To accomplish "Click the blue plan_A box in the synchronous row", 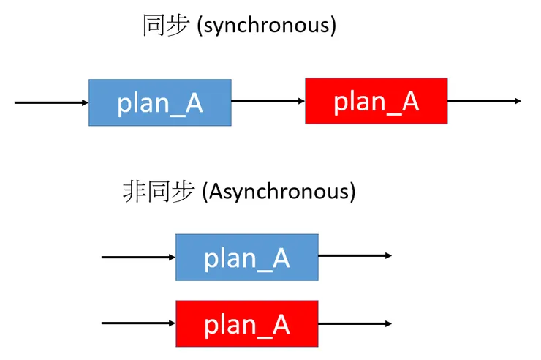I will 160,102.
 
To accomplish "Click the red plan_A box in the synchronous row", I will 376,100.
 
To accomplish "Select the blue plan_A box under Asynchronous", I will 246,258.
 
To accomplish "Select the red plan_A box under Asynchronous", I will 246,323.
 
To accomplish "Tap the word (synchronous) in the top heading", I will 268,26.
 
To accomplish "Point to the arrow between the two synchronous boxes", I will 268,101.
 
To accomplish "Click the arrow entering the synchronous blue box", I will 51,102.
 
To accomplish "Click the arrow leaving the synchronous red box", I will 483,100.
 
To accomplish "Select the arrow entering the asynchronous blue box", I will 137,258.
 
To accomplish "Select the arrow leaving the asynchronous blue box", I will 355,255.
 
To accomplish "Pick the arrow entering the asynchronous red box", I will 137,323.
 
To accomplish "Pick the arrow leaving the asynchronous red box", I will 355,323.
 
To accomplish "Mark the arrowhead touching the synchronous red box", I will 301,101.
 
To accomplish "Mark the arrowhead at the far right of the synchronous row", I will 518,100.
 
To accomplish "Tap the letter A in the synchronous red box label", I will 409,101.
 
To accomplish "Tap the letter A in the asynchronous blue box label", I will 280,258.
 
